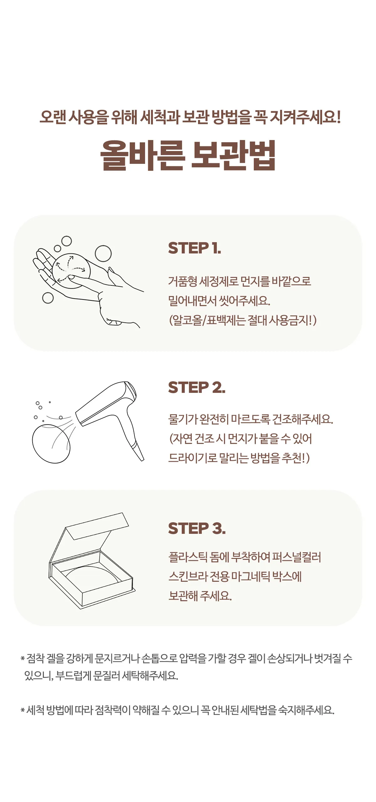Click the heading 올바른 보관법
pos(188,155)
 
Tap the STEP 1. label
pos(195,248)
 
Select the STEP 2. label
pos(197,388)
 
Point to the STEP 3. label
pos(197,529)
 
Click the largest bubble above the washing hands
pos(103,253)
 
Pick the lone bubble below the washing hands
pos(48,298)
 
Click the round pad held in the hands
pos(71,271)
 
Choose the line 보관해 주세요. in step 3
pos(200,596)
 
